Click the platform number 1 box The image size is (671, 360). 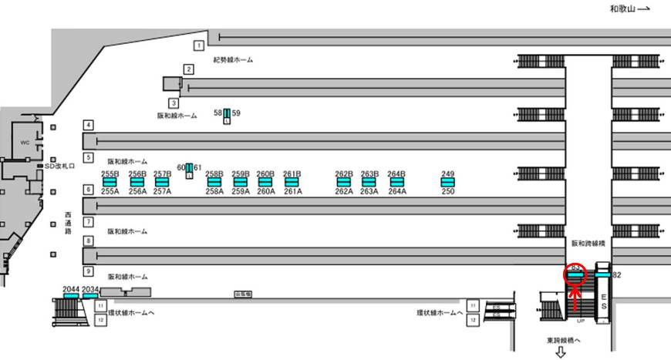(199, 45)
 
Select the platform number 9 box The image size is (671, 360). (89, 271)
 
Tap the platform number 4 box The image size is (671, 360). (89, 125)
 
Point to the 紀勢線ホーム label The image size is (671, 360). (233, 59)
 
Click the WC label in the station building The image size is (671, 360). (24, 142)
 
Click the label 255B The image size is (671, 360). (110, 174)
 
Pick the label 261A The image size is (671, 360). (292, 192)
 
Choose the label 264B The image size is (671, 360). (396, 174)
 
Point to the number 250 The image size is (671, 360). (448, 192)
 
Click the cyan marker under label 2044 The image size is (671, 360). (70, 296)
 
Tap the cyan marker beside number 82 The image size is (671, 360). (602, 274)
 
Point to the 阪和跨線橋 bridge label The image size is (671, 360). (588, 243)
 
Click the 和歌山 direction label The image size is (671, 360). (622, 9)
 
